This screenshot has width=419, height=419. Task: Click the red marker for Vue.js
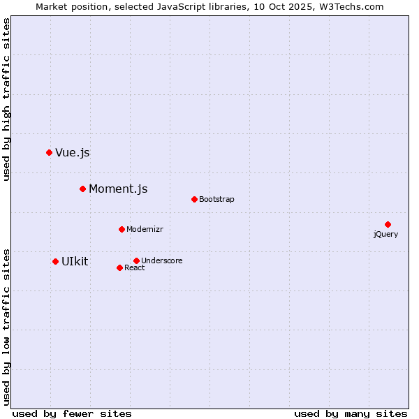click(49, 152)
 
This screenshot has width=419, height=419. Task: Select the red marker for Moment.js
click(82, 189)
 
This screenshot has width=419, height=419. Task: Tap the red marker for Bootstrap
click(194, 199)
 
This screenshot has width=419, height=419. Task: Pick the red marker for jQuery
click(388, 224)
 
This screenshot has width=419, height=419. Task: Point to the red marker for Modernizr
click(122, 229)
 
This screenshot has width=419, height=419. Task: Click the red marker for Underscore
click(136, 260)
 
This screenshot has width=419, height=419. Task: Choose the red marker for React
click(119, 267)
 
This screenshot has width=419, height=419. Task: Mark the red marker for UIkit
click(55, 261)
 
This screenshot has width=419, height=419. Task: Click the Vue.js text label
click(73, 153)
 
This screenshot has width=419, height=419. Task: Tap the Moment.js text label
click(118, 189)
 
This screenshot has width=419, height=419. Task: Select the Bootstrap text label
click(216, 200)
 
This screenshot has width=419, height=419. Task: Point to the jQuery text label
click(385, 235)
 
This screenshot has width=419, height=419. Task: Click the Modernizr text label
click(145, 230)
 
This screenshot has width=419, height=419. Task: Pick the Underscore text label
click(162, 261)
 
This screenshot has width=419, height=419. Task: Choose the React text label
click(135, 268)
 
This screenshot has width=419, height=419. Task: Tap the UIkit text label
click(75, 262)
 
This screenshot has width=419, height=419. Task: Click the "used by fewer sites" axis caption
click(72, 414)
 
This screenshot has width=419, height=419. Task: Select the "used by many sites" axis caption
click(351, 414)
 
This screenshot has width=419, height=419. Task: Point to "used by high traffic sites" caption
click(7, 99)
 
